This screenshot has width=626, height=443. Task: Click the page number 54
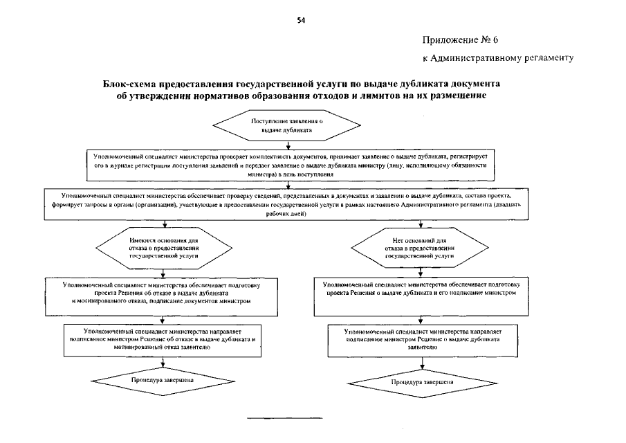pyautogui.click(x=301, y=20)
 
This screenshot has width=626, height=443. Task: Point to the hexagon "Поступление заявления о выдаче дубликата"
pyautogui.click(x=286, y=125)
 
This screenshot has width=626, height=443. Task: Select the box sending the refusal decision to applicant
pyautogui.click(x=163, y=339)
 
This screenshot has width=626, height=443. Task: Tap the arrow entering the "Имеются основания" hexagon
pyautogui.click(x=164, y=225)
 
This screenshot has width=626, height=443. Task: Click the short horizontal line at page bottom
pyautogui.click(x=285, y=418)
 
